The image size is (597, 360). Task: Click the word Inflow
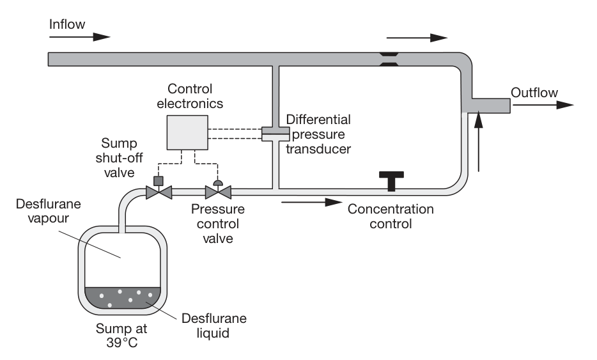67,24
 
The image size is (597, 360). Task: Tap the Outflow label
534,93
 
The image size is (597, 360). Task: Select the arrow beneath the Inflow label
80,37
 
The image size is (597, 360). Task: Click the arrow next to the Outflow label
543,105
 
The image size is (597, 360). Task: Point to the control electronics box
187,132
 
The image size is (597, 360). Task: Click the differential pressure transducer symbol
275,134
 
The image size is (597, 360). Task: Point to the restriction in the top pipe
389,59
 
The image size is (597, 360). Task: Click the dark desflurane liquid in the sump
123,298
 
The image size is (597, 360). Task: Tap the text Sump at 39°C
121,335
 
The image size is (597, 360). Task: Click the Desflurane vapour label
49,211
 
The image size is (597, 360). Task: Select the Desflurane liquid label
213,325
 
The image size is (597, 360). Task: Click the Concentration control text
391,216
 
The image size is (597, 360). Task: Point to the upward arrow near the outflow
479,141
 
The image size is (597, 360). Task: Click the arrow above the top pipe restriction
417,38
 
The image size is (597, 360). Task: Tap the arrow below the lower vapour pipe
312,202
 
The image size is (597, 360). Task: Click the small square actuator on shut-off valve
158,181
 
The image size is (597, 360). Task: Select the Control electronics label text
190,96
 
